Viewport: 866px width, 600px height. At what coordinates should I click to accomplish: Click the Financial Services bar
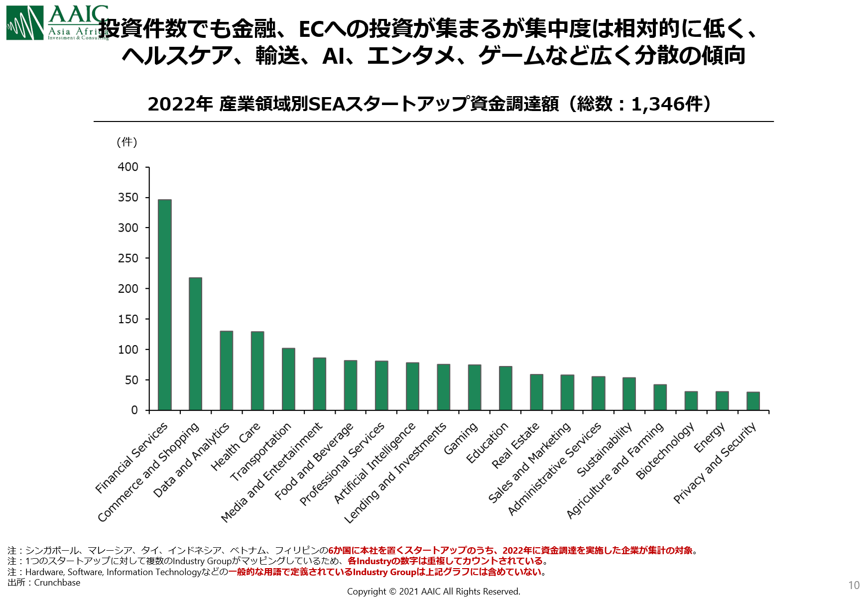tap(164, 305)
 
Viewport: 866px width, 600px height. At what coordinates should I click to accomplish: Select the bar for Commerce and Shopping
tap(195, 344)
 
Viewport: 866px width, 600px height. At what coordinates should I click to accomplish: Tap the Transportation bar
tap(288, 379)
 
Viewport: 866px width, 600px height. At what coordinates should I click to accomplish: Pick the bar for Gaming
tap(474, 387)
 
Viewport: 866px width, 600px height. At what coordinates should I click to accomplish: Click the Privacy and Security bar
tap(752, 401)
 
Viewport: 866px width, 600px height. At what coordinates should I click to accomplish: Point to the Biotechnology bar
tap(691, 400)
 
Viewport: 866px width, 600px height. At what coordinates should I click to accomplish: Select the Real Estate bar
tap(536, 392)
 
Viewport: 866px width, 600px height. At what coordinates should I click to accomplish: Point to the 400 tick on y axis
tap(128, 167)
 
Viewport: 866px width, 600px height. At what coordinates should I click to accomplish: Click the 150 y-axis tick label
tap(128, 319)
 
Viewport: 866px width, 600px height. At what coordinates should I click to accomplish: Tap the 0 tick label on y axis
tap(134, 410)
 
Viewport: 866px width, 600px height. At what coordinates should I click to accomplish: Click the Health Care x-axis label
tap(236, 447)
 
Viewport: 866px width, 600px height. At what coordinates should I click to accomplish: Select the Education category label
tap(488, 443)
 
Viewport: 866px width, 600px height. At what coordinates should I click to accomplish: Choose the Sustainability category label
tap(605, 449)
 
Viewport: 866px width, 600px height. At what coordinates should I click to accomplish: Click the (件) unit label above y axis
tap(126, 142)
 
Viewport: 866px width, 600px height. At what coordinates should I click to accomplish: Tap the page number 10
tap(854, 586)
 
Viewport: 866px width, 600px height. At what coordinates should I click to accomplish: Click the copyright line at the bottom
tap(433, 592)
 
